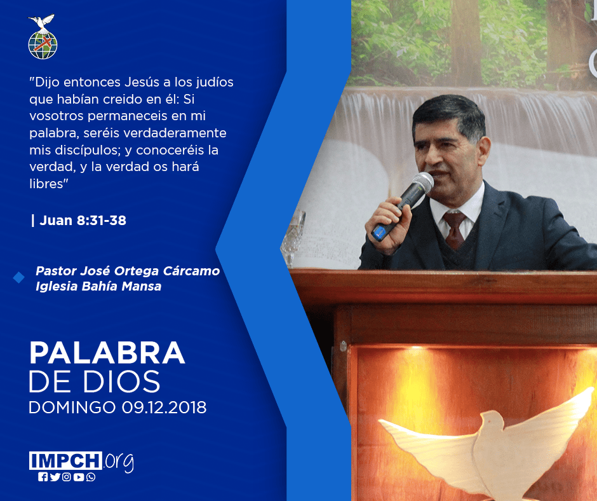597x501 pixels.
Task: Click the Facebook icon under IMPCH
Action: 43,477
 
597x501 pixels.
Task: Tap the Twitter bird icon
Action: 55,477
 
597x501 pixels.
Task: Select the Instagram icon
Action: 67,477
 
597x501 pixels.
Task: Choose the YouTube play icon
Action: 79,477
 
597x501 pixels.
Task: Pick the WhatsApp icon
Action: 91,477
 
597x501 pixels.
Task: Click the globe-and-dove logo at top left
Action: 43,37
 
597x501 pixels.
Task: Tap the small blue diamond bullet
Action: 18,278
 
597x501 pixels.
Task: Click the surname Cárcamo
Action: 191,271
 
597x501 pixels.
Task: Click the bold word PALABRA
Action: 107,353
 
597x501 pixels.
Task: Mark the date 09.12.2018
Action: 164,407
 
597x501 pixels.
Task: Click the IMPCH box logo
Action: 65,460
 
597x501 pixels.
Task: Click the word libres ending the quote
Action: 46,184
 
